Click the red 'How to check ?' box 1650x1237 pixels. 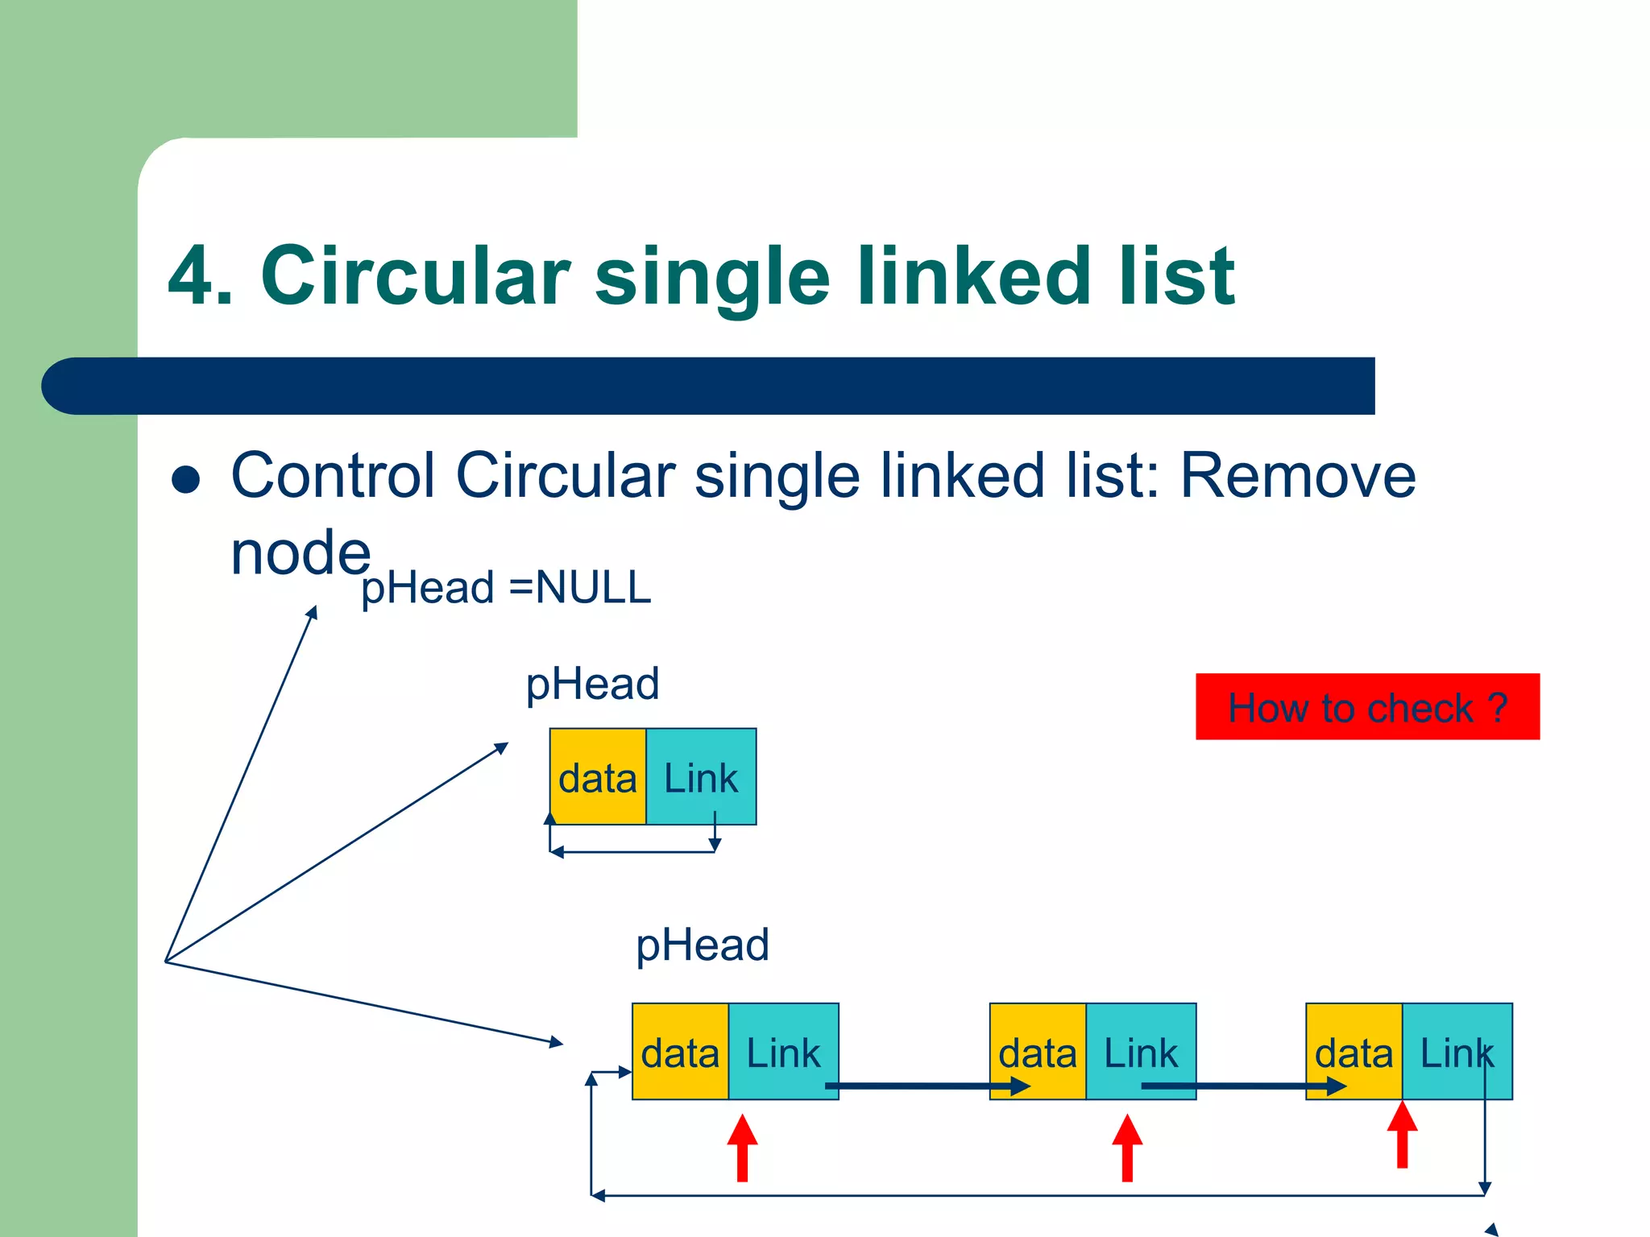pyautogui.click(x=1367, y=706)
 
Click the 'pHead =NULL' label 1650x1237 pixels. pyautogui.click(x=506, y=587)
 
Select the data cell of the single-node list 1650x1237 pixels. pyautogui.click(x=598, y=777)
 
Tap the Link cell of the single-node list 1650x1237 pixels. pyautogui.click(x=701, y=777)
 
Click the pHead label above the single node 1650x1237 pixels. pyautogui.click(x=592, y=684)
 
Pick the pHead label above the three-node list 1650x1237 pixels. pyautogui.click(x=703, y=945)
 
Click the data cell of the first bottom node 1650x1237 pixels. pyautogui.click(x=680, y=1051)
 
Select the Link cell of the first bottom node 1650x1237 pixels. pyautogui.click(x=783, y=1051)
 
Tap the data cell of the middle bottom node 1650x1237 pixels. pyautogui.click(x=1038, y=1051)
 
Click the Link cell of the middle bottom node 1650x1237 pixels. pyautogui.click(x=1141, y=1051)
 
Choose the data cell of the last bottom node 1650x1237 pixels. pyautogui.click(x=1354, y=1051)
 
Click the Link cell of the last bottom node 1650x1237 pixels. pyautogui.click(x=1457, y=1051)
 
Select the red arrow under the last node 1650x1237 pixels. pyautogui.click(x=1402, y=1136)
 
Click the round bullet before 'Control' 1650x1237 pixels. pyautogui.click(x=186, y=479)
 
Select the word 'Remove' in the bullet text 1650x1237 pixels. pyautogui.click(x=1297, y=476)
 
